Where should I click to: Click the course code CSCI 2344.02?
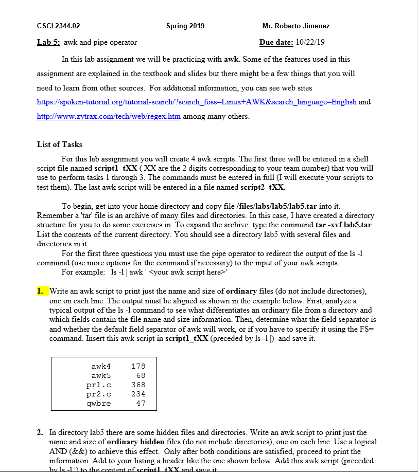click(59, 26)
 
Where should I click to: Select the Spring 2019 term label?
click(185, 26)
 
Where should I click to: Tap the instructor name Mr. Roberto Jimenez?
click(295, 26)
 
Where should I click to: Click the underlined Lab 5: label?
click(49, 42)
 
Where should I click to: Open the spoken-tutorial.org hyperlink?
click(197, 102)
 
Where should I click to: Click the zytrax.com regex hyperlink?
click(109, 116)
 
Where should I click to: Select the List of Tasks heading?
click(60, 144)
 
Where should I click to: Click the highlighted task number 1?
click(41, 292)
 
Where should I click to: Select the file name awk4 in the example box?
click(101, 366)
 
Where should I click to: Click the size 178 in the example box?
click(138, 366)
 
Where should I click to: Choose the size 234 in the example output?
click(138, 394)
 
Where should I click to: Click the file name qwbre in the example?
click(99, 403)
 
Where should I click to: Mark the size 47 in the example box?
click(140, 403)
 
